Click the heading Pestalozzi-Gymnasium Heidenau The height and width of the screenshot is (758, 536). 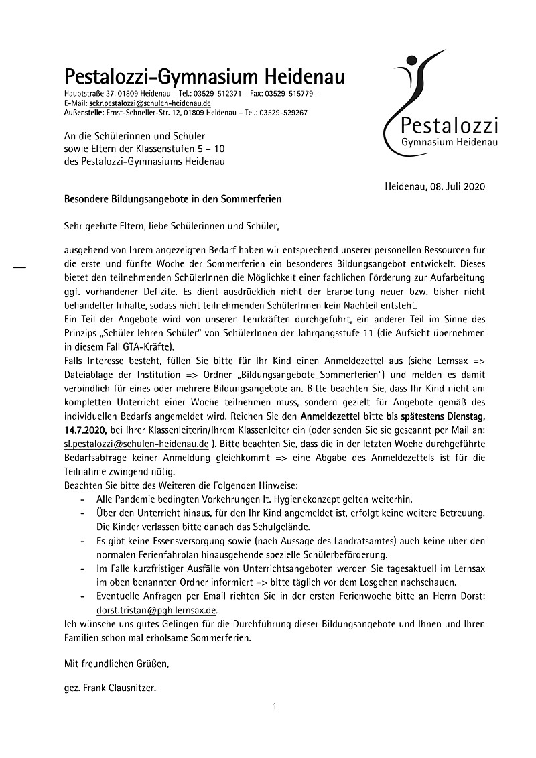point(204,76)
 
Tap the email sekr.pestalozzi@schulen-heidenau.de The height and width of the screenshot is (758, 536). point(150,103)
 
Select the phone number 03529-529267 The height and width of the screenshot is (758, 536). point(284,113)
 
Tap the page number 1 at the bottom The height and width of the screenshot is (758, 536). point(275,706)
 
